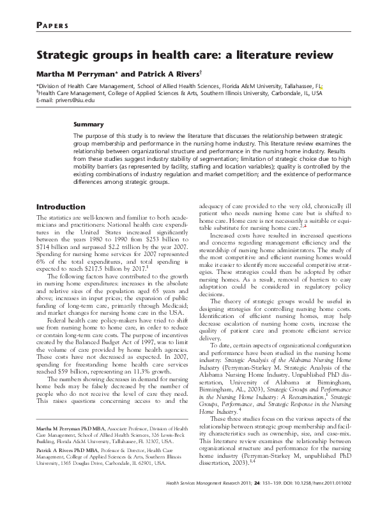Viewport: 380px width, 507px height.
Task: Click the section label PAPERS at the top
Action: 53,26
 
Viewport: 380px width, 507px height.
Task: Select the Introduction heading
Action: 61,207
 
